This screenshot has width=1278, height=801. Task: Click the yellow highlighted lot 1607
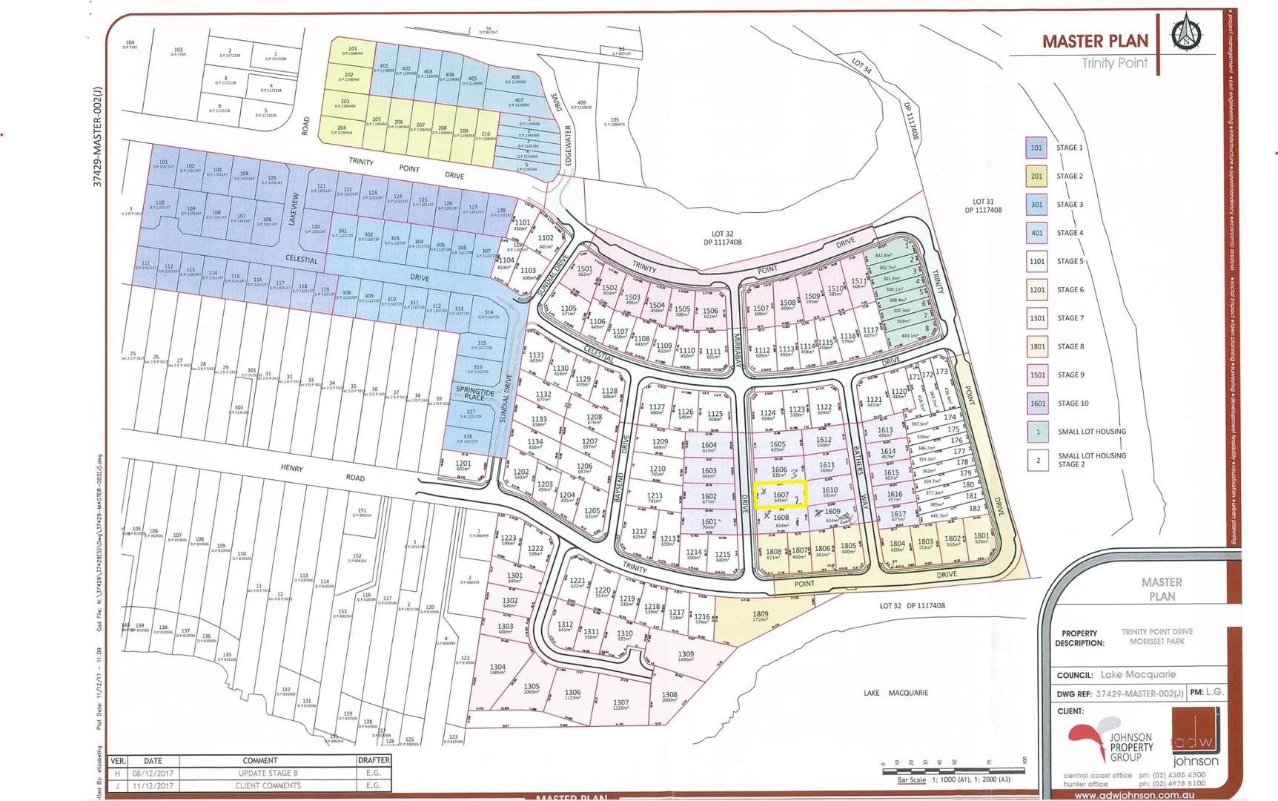(780, 495)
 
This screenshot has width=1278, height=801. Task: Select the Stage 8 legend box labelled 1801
(1036, 346)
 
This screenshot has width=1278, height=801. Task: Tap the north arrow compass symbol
(1186, 33)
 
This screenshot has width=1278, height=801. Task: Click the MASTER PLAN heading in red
(1095, 42)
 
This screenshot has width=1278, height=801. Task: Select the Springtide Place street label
(474, 393)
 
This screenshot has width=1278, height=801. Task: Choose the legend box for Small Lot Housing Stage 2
(1038, 460)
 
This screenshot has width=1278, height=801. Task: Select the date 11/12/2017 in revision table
(153, 785)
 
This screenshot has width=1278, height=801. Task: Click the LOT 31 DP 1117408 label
(983, 205)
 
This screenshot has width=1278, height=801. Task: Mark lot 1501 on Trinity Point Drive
(585, 271)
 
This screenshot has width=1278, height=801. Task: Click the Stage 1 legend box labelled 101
(1036, 148)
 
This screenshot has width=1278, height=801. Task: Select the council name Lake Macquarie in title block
(1138, 674)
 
